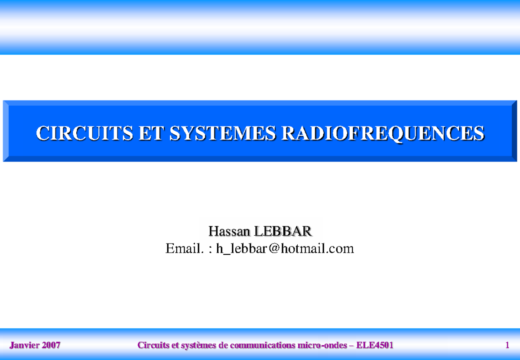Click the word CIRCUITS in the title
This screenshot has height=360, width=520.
pos(84,133)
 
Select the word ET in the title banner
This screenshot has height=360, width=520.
pos(151,133)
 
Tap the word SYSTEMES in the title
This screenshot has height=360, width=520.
pos(223,133)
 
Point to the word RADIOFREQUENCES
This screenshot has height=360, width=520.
pos(383,133)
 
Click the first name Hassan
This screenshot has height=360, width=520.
pos(229,231)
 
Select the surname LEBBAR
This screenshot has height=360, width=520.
pos(283,231)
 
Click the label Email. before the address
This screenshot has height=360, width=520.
pos(185,248)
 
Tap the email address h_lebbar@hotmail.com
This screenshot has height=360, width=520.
pos(285,249)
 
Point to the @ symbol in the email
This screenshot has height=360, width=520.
pos(274,248)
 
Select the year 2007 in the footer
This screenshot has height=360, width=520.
pos(51,345)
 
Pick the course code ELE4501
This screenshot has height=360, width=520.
pos(375,345)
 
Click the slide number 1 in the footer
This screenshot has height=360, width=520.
pos(507,345)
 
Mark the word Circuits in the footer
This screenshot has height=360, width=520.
pos(153,345)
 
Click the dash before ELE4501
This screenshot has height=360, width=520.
pos(351,346)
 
